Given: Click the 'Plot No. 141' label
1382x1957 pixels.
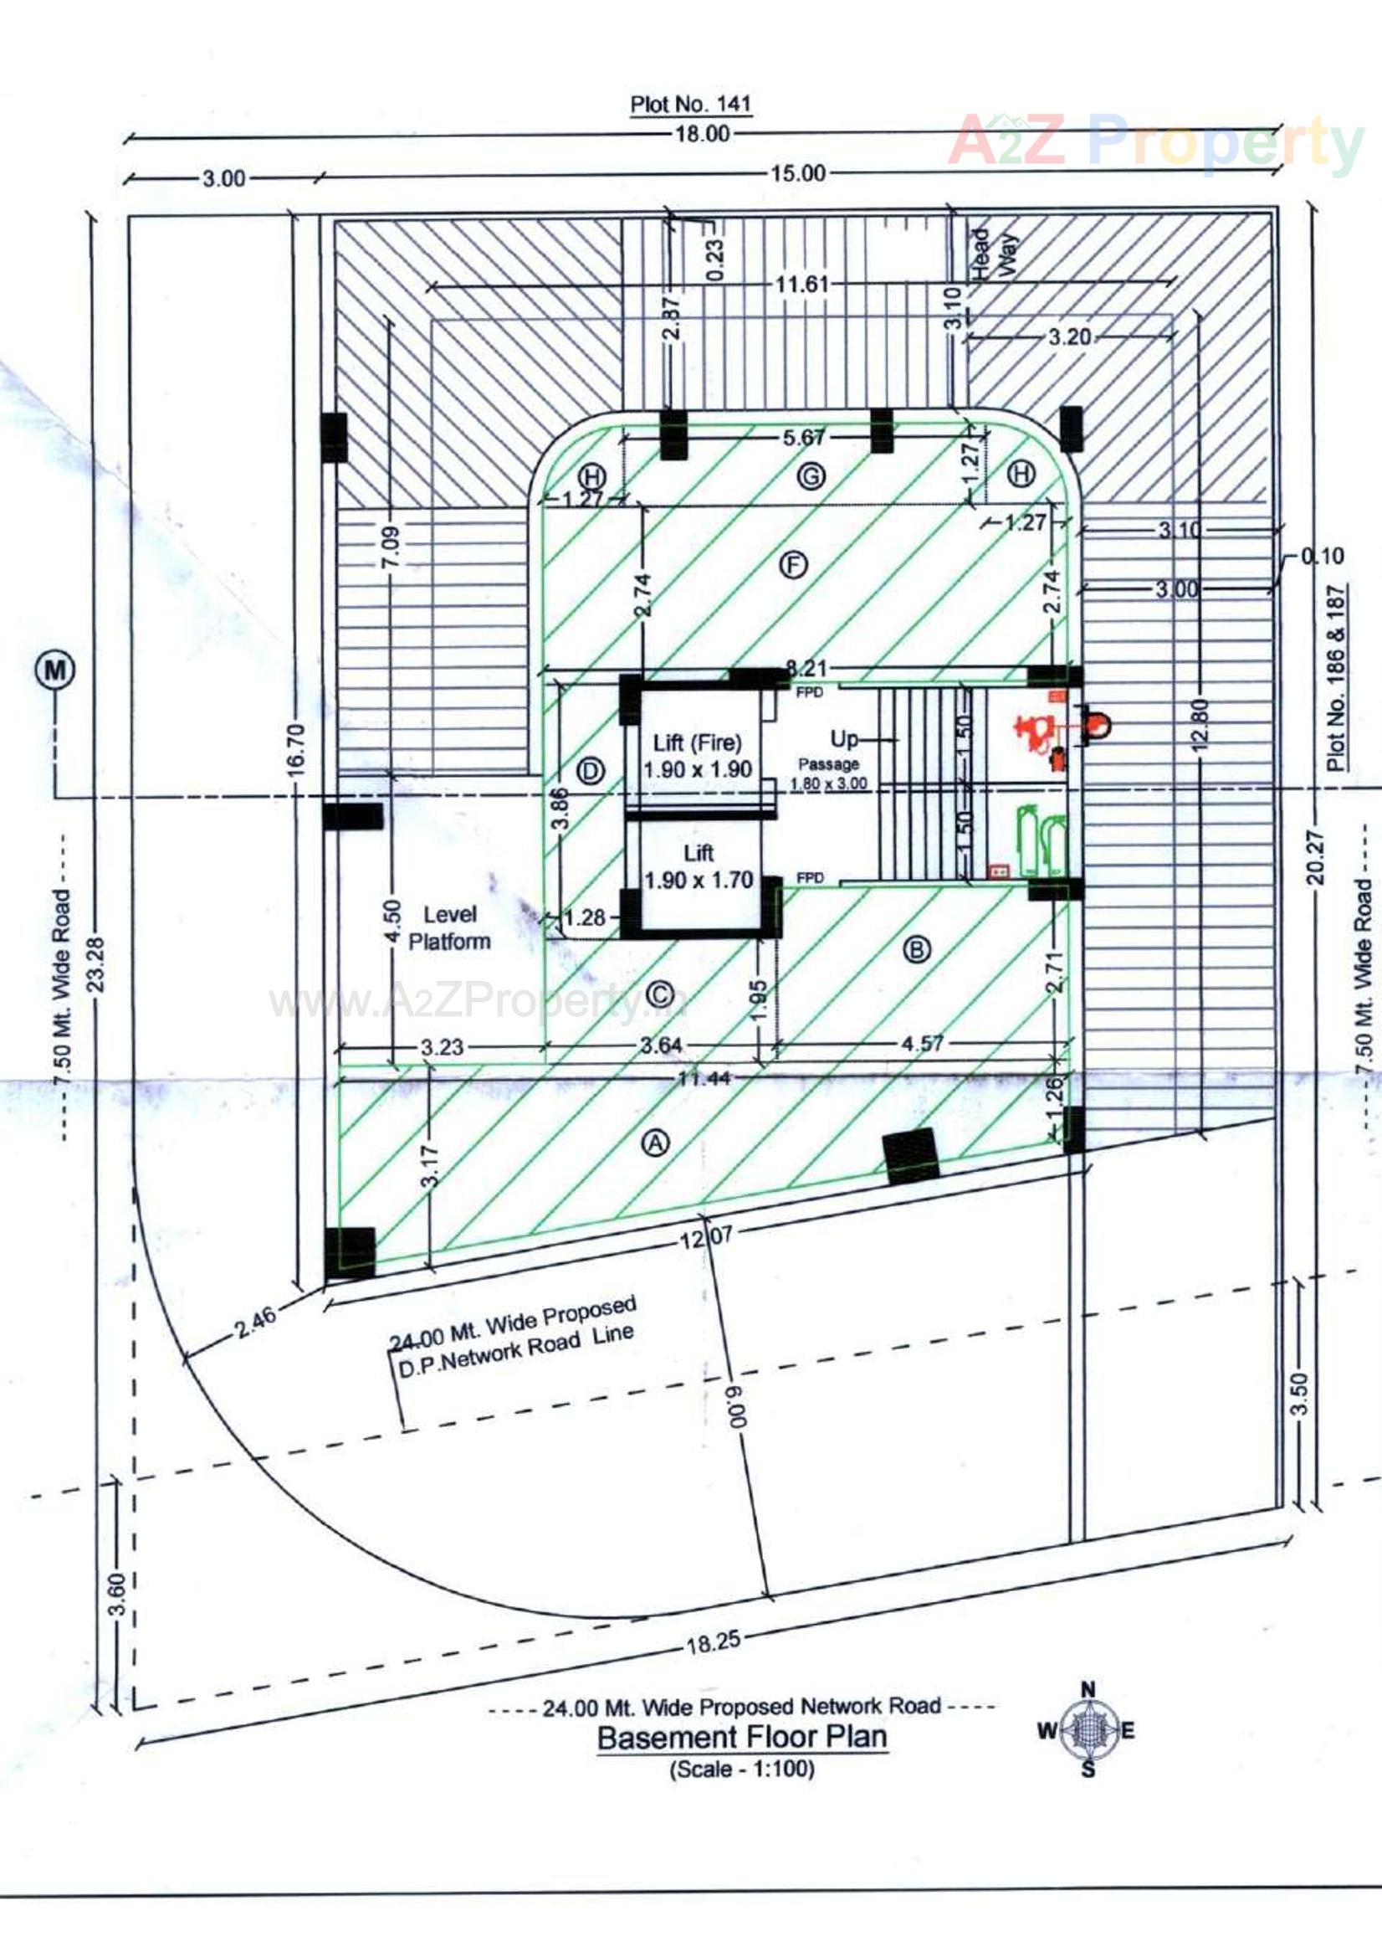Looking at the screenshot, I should tap(690, 105).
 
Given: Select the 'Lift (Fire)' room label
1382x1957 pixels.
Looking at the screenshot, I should tap(697, 742).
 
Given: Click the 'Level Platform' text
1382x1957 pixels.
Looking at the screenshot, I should tap(449, 927).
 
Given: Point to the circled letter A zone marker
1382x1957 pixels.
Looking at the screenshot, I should tap(655, 1143).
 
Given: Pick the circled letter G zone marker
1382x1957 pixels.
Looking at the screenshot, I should tap(811, 475).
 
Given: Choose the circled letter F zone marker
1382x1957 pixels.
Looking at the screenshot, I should tap(794, 564).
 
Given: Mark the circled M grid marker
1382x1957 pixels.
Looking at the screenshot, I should tap(54, 670).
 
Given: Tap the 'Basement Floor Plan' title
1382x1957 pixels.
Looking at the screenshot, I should tap(742, 1736).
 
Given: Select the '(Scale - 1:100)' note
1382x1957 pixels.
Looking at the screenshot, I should tap(741, 1769).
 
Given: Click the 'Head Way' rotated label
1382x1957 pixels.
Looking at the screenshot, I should tap(994, 252).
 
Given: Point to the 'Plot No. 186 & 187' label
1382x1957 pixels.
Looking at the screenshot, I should tap(1337, 678).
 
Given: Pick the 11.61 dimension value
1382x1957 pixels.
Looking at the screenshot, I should tap(801, 284).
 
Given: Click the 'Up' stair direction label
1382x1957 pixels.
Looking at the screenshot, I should tap(843, 738).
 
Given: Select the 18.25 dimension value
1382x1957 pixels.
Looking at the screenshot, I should tap(713, 1641).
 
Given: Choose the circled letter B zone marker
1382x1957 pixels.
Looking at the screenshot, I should tap(917, 948).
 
